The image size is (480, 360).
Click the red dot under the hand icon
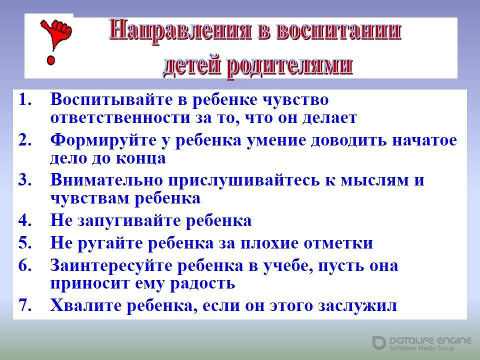51,59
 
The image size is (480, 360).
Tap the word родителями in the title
290,66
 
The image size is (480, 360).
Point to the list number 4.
25,220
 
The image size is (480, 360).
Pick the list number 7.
25,305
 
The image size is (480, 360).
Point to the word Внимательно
106,179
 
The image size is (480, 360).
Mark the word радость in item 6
202,284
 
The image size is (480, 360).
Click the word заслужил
357,306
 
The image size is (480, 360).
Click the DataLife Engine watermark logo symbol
379,342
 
